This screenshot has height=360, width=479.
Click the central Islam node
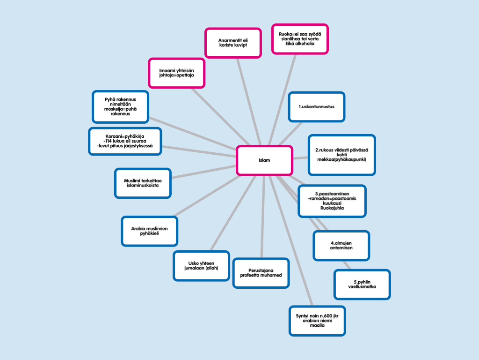(x=264, y=160)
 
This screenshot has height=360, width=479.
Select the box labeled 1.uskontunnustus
(x=316, y=107)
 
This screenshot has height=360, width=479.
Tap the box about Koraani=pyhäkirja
(x=125, y=141)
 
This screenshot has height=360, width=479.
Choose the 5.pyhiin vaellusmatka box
(x=362, y=284)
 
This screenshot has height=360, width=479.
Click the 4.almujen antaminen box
(x=341, y=245)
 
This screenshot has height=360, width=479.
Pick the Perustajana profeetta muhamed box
(x=261, y=272)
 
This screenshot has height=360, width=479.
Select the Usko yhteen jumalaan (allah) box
(x=201, y=265)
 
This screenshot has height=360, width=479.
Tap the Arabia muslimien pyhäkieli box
(x=149, y=231)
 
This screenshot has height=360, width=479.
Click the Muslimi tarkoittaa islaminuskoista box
(x=143, y=183)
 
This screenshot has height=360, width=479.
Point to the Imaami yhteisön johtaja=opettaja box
(x=176, y=73)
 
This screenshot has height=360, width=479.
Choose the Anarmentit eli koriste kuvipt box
(x=232, y=43)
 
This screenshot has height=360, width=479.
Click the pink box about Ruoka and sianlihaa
(x=300, y=39)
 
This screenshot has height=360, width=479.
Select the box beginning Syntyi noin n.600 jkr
(x=317, y=320)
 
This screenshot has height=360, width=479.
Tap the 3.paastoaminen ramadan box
(x=332, y=201)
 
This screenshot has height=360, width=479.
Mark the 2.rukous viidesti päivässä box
(x=341, y=155)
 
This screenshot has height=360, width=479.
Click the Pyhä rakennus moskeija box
(x=120, y=106)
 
